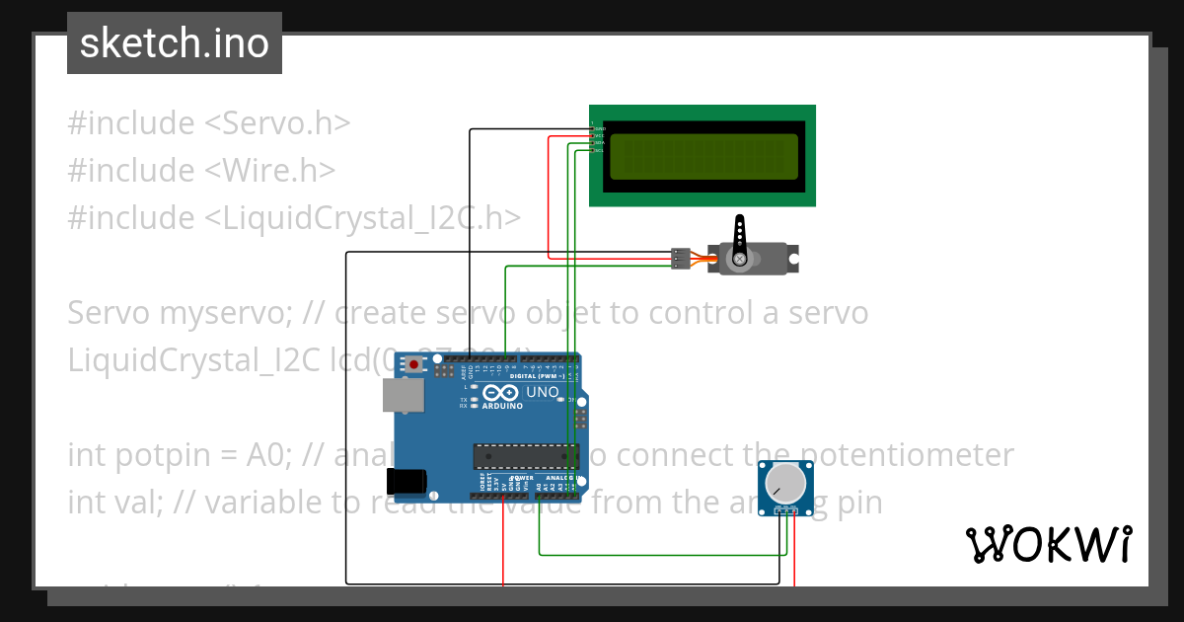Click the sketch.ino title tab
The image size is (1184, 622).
click(175, 43)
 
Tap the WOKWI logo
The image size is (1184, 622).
click(1048, 544)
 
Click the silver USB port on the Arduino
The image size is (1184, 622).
click(404, 395)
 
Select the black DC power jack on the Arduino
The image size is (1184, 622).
click(407, 481)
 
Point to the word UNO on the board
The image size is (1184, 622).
click(543, 392)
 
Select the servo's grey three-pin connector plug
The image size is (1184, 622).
click(680, 259)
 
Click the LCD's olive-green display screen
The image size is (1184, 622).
click(703, 156)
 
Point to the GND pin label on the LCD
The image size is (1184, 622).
click(599, 128)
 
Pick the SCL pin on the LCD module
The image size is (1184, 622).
click(599, 150)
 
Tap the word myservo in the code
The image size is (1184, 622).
click(225, 313)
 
